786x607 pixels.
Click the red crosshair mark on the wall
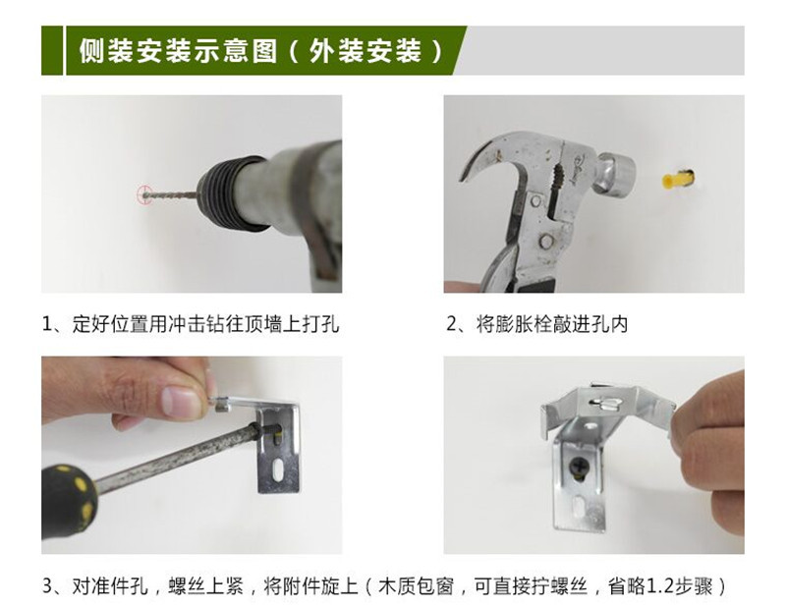click(x=144, y=194)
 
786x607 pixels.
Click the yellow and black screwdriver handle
click(x=67, y=506)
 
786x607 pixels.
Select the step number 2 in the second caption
click(x=452, y=324)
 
